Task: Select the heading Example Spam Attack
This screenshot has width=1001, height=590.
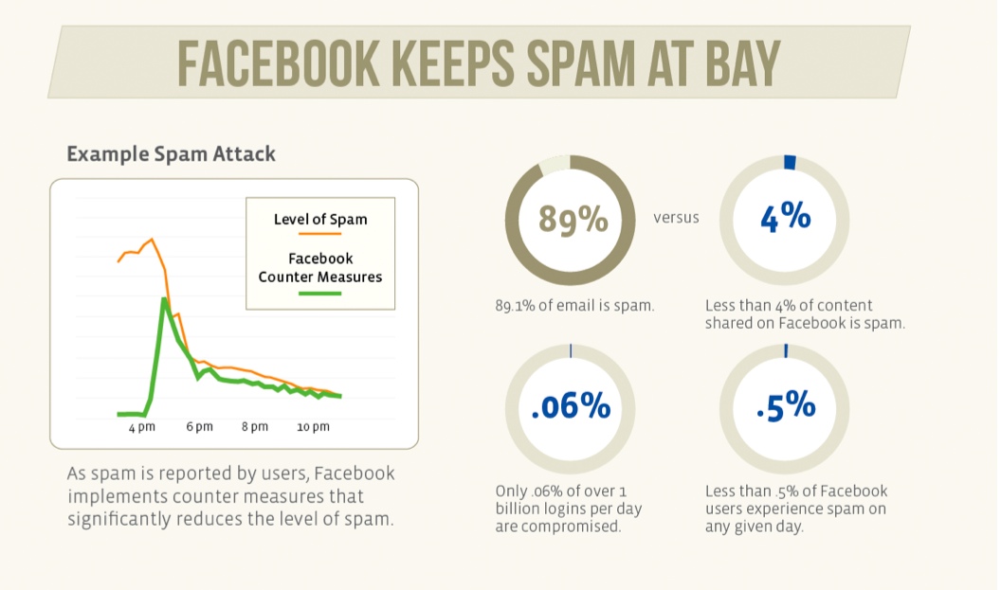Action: point(171,153)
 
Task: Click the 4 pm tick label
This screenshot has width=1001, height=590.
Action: point(141,428)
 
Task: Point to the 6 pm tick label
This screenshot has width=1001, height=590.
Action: point(199,428)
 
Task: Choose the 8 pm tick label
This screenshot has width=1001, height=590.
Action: point(255,428)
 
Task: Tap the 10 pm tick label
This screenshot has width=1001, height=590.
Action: point(313,428)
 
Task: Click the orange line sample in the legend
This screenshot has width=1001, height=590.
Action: point(319,232)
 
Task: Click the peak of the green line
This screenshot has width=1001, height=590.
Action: point(164,299)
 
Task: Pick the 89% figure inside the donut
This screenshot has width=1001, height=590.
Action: point(573,219)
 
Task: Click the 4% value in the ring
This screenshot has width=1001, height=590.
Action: point(786,217)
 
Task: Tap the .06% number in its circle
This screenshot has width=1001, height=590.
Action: point(571,407)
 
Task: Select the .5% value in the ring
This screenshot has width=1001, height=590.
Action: point(786,406)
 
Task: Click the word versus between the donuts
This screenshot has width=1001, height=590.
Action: point(676,218)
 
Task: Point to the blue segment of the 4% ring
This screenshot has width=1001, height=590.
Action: point(790,162)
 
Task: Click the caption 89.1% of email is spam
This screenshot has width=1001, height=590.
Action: point(573,306)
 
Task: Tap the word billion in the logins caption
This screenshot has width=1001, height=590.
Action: point(519,509)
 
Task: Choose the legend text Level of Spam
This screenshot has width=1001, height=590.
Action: point(319,219)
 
